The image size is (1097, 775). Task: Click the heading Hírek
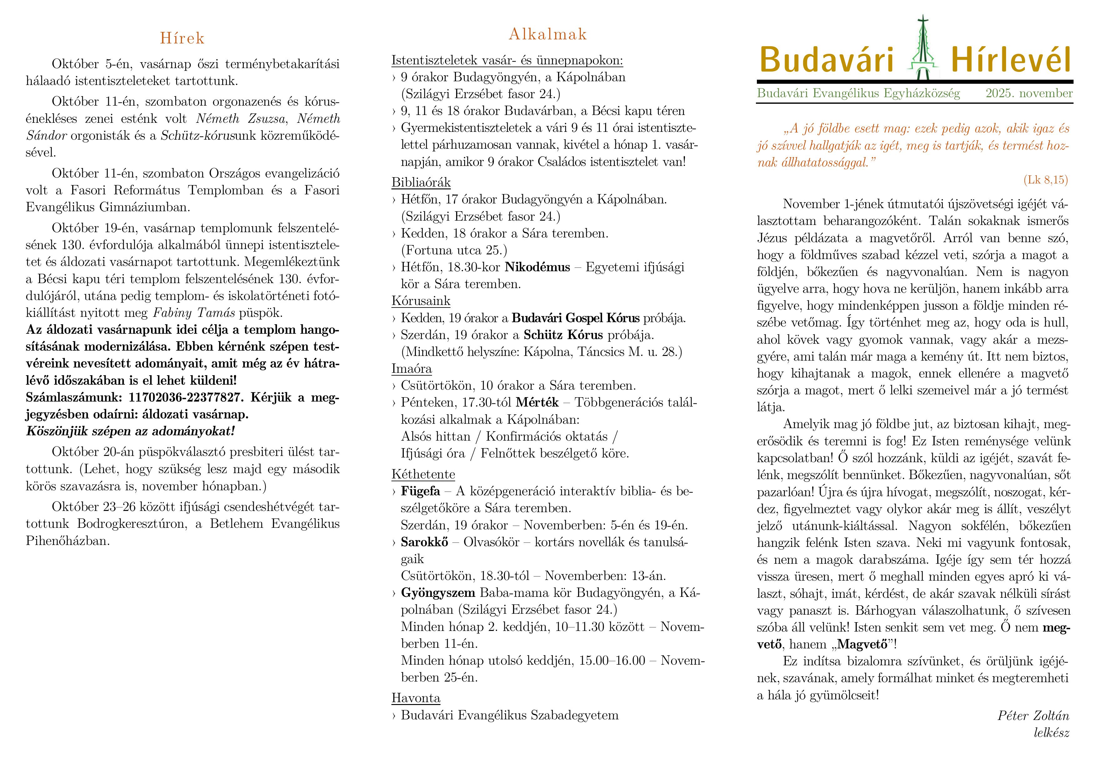(x=182, y=38)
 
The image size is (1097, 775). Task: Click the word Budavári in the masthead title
(x=826, y=61)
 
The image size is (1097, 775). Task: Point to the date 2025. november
(x=1029, y=93)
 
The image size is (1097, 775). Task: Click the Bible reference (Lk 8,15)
(x=1045, y=180)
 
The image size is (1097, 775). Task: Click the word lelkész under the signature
(x=1051, y=732)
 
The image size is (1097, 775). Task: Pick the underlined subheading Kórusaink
(x=421, y=301)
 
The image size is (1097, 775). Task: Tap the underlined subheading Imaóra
(x=412, y=369)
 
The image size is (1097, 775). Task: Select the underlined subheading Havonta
(x=416, y=698)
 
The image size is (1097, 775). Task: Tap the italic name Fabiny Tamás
(x=194, y=313)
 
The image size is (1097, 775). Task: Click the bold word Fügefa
(x=420, y=491)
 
